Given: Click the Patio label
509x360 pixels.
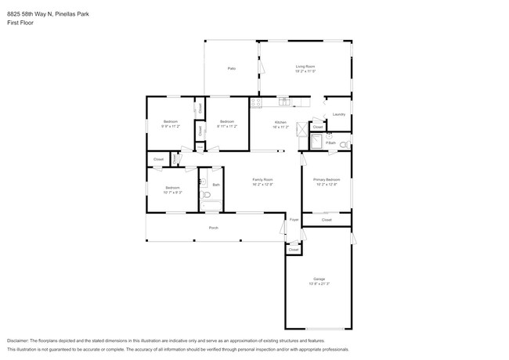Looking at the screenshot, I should coord(232,69).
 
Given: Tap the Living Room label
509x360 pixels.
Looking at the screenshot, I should coord(305,69).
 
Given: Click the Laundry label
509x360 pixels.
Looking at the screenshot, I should coord(338,114).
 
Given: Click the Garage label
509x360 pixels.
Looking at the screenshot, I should coord(319,280).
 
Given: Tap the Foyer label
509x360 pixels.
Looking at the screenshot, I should coord(294,221).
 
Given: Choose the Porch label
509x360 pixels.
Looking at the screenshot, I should coord(213,228).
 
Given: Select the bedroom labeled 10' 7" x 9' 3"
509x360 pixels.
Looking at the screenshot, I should coord(172,189).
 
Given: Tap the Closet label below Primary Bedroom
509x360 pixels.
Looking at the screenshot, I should coord(327,220).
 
